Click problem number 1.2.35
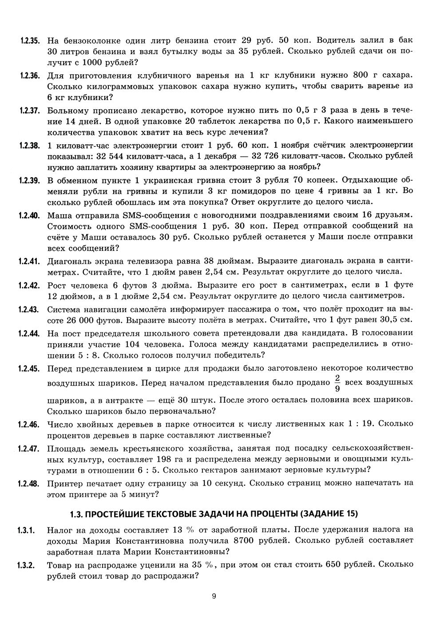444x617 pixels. [x=30, y=40]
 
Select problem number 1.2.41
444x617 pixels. [x=30, y=260]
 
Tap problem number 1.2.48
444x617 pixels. [x=30, y=482]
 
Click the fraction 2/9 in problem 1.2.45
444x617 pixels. [x=337, y=383]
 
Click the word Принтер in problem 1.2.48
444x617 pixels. [x=63, y=482]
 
